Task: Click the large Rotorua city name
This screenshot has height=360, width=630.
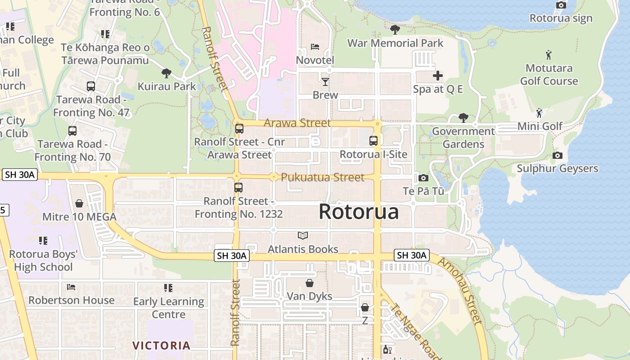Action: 359,211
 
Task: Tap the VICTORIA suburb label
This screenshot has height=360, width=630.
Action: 162,346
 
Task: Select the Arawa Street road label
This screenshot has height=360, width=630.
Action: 297,123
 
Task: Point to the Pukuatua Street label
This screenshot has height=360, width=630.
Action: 323,177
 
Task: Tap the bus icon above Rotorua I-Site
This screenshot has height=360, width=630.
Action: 373,141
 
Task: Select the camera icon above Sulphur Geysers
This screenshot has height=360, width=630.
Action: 558,155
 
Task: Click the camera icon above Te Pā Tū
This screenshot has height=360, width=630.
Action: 423,178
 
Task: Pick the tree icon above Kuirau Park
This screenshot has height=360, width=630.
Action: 166,73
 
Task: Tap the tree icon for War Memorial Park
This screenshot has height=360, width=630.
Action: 395,30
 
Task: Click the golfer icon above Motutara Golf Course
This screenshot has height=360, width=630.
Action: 549,55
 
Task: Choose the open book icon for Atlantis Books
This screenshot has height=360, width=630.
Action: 303,235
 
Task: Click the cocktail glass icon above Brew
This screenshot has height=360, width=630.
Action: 325,81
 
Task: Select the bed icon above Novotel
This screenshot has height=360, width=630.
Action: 315,47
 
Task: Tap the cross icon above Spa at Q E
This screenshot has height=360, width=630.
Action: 437,76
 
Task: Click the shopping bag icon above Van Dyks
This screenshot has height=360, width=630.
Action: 310,283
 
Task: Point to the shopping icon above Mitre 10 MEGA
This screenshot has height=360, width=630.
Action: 79,203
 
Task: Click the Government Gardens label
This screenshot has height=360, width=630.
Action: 463,138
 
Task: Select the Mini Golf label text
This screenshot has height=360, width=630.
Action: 540,126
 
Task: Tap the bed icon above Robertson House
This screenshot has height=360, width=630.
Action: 71,287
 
